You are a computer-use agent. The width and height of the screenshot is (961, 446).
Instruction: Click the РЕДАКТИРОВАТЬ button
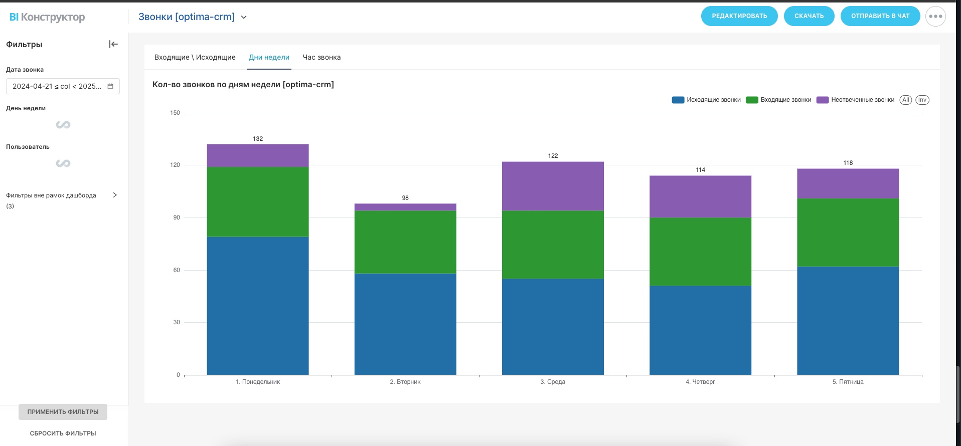click(x=739, y=16)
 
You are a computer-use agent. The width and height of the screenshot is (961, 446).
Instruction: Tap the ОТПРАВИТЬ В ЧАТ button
click(x=880, y=16)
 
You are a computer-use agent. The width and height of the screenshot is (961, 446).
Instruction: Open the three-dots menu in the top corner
click(x=935, y=16)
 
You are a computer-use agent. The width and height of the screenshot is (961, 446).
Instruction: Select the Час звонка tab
click(x=322, y=57)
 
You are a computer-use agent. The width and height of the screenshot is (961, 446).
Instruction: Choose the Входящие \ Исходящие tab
click(x=195, y=57)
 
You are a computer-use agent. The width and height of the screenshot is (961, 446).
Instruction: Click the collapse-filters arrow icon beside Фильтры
click(x=113, y=44)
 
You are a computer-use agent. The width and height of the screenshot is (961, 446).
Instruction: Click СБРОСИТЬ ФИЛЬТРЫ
click(x=63, y=433)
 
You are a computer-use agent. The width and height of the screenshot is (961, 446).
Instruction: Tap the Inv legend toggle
click(x=922, y=100)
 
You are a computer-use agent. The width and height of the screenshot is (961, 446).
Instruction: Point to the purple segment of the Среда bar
click(x=553, y=186)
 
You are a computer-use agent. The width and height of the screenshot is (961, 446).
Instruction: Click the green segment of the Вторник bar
click(x=405, y=242)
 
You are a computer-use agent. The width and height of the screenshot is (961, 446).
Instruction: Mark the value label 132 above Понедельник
click(x=258, y=139)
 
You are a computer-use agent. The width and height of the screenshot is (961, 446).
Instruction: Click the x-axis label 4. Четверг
click(x=700, y=382)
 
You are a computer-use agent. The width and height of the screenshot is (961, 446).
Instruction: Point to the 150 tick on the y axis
click(x=175, y=113)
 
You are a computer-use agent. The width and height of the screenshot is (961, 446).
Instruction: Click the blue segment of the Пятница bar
click(x=848, y=320)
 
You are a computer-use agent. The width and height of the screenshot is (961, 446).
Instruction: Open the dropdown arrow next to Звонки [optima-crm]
click(x=244, y=17)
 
